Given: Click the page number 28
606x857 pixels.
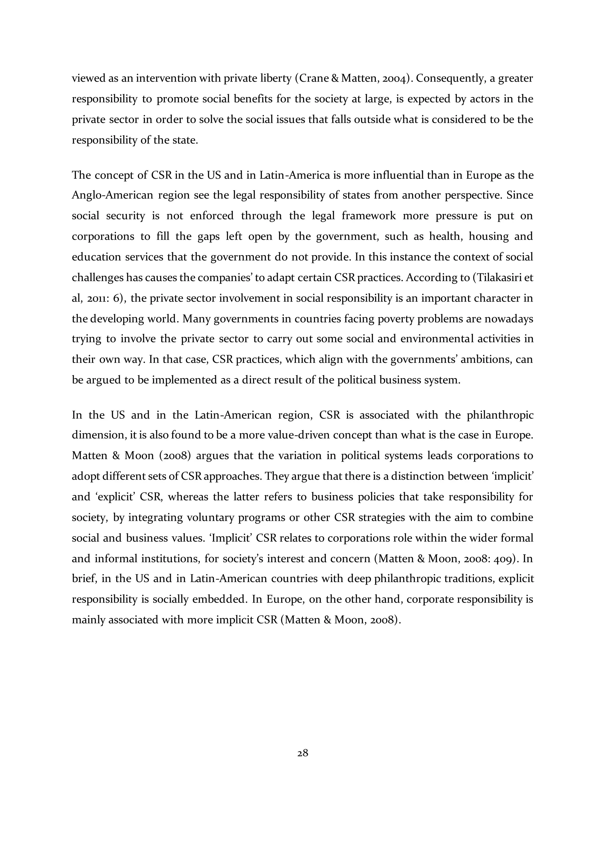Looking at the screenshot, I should [303, 753].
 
